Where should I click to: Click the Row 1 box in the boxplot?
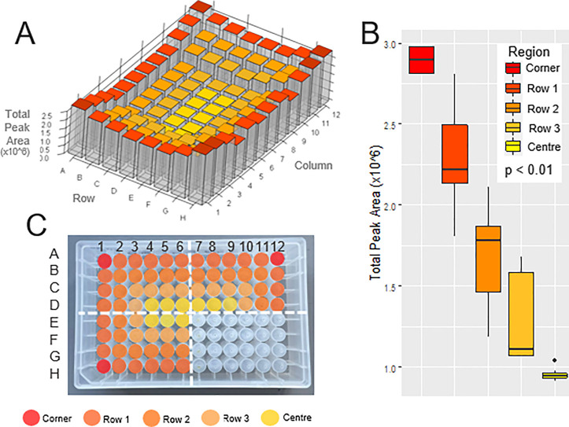pos(456,153)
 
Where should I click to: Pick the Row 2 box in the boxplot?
pos(488,259)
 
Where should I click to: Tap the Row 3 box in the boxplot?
pos(521,314)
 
